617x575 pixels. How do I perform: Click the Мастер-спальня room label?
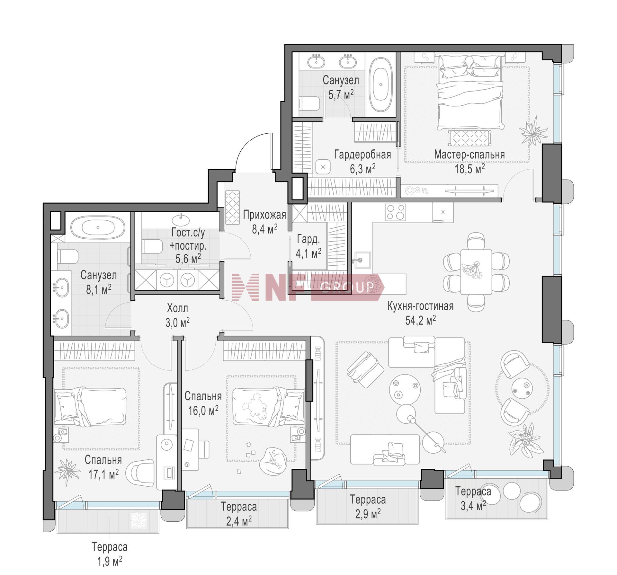pyautogui.click(x=469, y=155)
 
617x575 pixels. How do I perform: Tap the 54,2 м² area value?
pyautogui.click(x=420, y=320)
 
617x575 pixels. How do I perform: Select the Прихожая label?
pyautogui.click(x=264, y=215)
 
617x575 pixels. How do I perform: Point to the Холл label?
pyautogui.click(x=177, y=308)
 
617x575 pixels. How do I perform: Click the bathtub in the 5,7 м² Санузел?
pyautogui.click(x=380, y=85)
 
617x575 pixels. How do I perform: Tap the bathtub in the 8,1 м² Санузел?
pyautogui.click(x=98, y=227)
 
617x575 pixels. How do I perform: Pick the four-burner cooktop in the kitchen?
pyautogui.click(x=396, y=212)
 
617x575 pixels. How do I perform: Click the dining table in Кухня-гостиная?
pyautogui.click(x=476, y=272)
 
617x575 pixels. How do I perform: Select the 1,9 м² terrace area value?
pyautogui.click(x=110, y=561)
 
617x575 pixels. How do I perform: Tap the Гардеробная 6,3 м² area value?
pyautogui.click(x=362, y=169)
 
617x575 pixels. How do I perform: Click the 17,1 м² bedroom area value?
pyautogui.click(x=103, y=474)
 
